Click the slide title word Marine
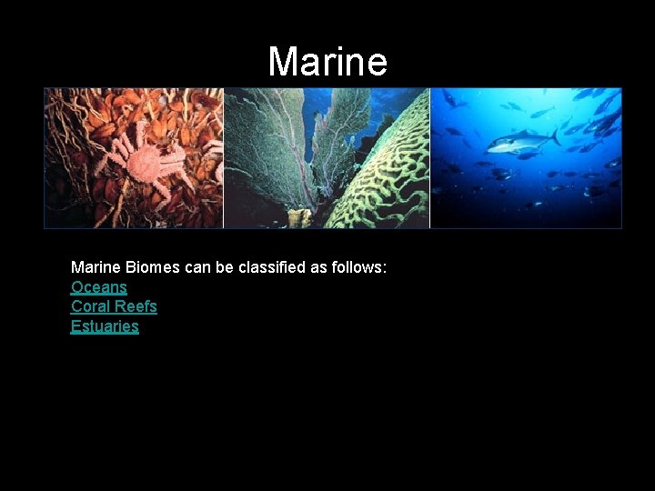(327, 62)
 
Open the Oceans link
(99, 287)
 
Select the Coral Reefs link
(114, 306)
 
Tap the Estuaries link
(105, 326)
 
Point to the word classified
(273, 268)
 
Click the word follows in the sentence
(358, 268)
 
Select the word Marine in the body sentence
(96, 268)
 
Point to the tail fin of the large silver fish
(555, 136)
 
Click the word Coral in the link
(89, 306)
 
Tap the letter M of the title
(284, 62)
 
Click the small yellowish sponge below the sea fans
(297, 216)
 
